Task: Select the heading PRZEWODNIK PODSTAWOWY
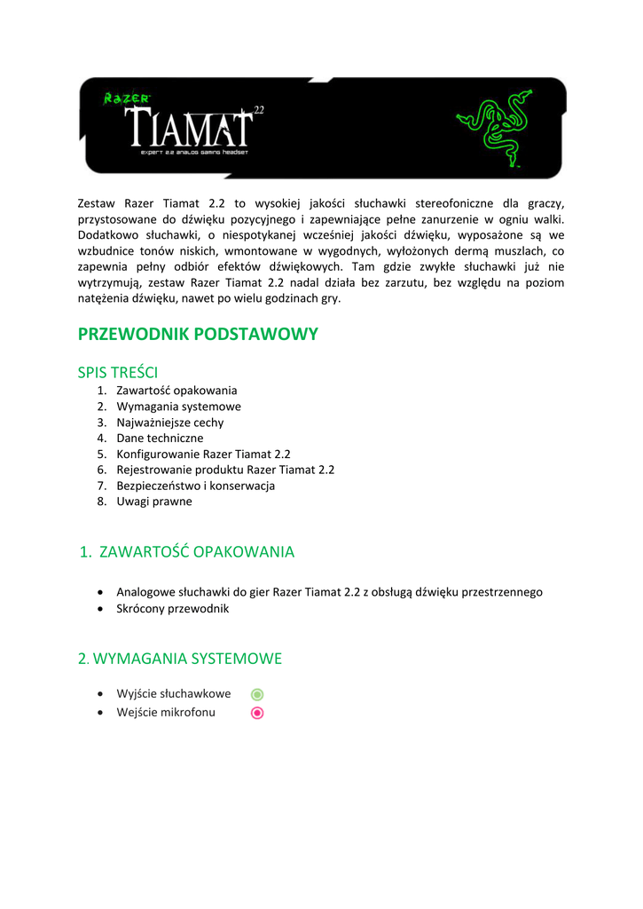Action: point(198,334)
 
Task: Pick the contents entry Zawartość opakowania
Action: point(176,391)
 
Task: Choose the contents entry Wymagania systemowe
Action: point(178,407)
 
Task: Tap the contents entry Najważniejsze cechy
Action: point(170,423)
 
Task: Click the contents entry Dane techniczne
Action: point(160,439)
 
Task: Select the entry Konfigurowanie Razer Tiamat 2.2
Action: point(203,454)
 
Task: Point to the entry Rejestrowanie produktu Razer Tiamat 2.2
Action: point(225,470)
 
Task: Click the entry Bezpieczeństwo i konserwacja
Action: point(196,486)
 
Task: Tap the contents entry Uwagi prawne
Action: point(154,502)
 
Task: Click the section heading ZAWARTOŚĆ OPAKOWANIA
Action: point(196,552)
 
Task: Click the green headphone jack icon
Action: point(257,694)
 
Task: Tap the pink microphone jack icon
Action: point(257,713)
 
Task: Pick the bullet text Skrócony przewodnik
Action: point(173,609)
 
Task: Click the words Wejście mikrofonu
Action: point(166,713)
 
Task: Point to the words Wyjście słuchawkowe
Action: point(174,694)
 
